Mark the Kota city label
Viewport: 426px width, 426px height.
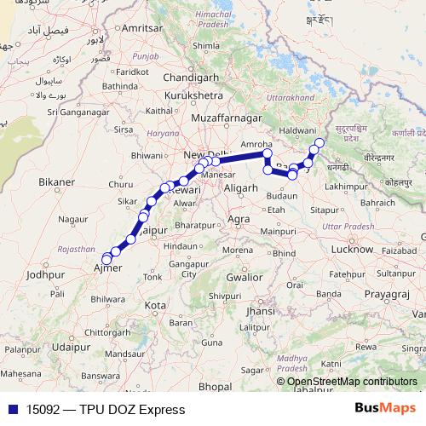(x=155, y=304)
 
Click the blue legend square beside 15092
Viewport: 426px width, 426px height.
(x=12, y=409)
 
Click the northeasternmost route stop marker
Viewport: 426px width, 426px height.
(x=319, y=142)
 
